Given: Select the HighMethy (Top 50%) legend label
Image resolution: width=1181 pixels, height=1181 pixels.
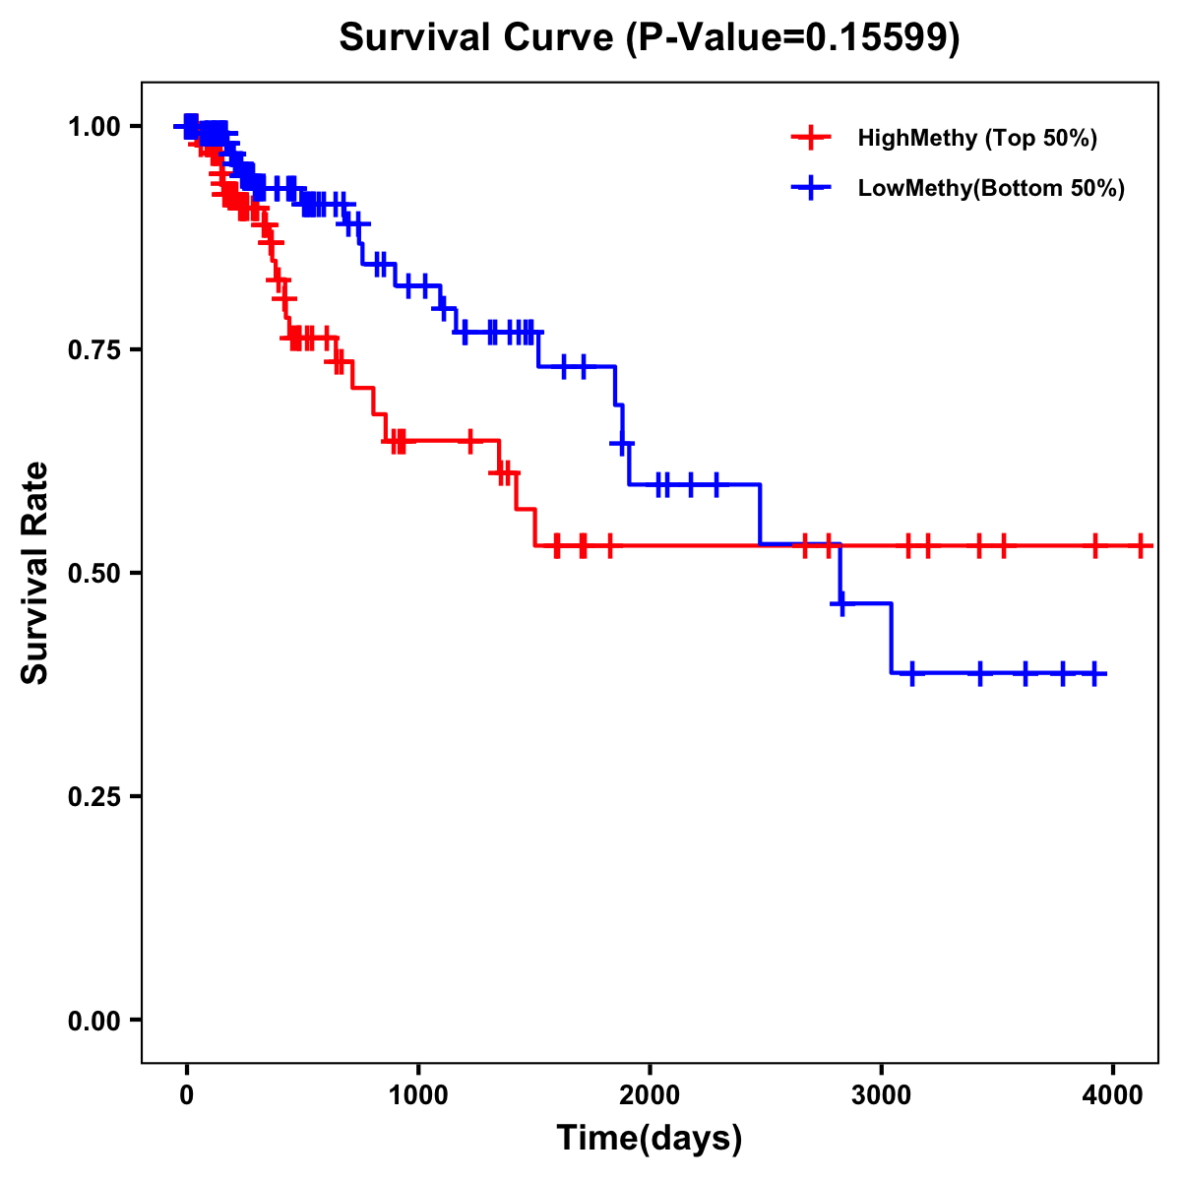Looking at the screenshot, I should coord(977,138).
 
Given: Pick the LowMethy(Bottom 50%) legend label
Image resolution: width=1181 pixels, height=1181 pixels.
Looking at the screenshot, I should coord(991,188).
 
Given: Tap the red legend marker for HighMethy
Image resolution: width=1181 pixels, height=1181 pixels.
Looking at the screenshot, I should coord(811,138).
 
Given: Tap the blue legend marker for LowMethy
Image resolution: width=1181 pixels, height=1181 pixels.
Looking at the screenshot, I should coord(811,188).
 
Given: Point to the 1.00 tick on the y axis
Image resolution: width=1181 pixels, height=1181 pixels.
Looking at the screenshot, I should coord(93,127).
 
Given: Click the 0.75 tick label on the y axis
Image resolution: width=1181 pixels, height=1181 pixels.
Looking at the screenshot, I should coord(93,350).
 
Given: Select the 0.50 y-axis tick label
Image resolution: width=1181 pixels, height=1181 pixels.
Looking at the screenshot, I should coord(93,574).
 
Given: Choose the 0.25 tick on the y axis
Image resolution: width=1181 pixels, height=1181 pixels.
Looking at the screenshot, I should coord(93,797).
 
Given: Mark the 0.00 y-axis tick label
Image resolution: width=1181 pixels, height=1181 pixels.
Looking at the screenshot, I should coord(93,1021).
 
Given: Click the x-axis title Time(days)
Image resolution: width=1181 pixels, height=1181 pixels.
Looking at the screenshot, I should coord(650,1139).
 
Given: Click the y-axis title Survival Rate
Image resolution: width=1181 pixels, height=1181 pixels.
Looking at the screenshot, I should coord(35,573).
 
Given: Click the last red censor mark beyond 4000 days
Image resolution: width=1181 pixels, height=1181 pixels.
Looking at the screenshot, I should coord(1140,544).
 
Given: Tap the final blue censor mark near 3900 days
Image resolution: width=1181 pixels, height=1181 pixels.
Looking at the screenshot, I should coord(1094,674).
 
